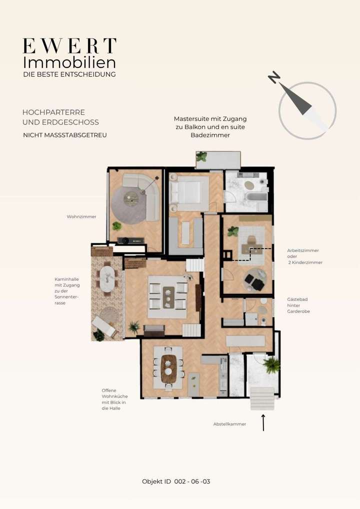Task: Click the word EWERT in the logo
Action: click(69, 46)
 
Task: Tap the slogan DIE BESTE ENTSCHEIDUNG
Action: click(69, 74)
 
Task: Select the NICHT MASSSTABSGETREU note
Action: click(65, 135)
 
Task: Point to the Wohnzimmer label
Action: click(81, 217)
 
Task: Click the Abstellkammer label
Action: click(229, 424)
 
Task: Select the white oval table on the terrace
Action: click(107, 278)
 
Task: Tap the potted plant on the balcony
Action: click(201, 157)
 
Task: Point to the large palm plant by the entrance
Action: click(271, 365)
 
